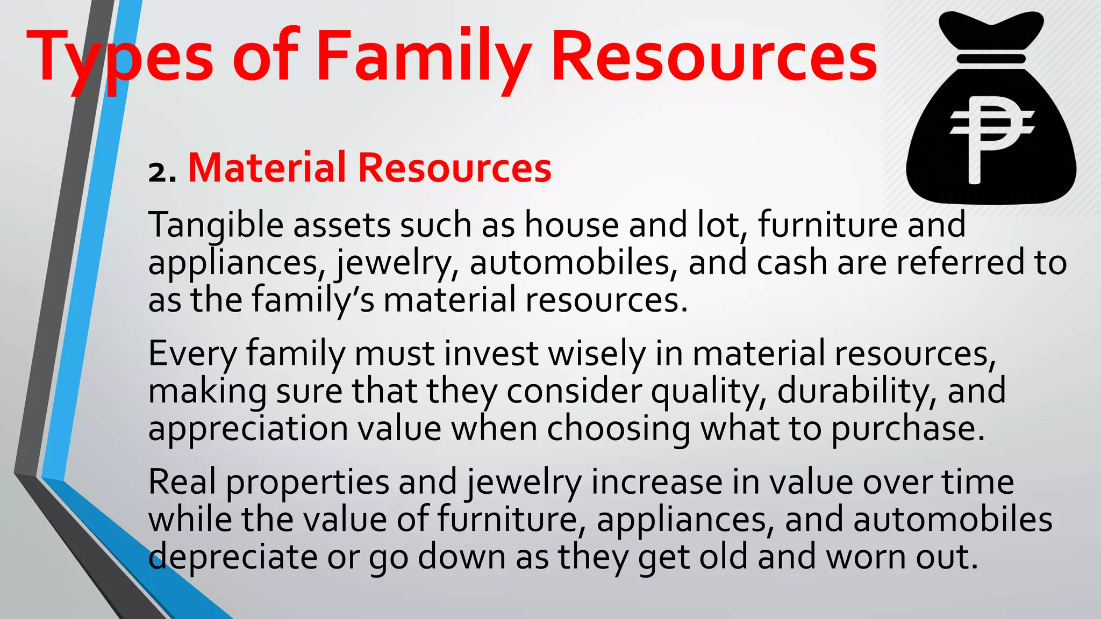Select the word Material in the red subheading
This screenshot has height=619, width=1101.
point(267,168)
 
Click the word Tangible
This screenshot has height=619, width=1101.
point(215,225)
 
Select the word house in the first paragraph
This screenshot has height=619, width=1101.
point(571,225)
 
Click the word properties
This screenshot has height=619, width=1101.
point(307,483)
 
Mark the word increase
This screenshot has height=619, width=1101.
point(656,482)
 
